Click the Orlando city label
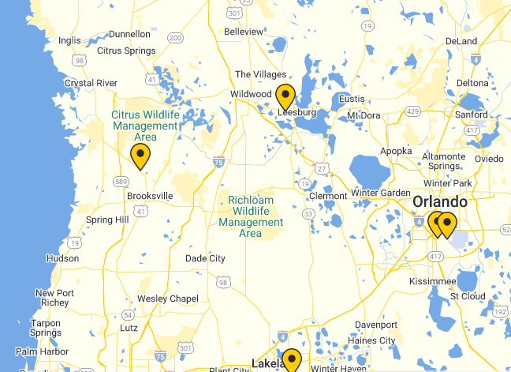click(x=439, y=202)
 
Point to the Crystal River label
click(x=91, y=83)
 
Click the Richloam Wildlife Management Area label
click(x=250, y=216)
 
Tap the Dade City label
click(x=205, y=258)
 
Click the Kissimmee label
click(x=433, y=281)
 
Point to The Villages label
click(x=260, y=74)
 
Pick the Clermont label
click(x=328, y=196)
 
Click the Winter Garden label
click(x=381, y=193)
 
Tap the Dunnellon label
click(x=129, y=34)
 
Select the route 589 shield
click(x=121, y=182)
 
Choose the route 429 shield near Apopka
click(x=412, y=111)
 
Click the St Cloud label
click(x=468, y=296)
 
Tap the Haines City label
click(x=375, y=340)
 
